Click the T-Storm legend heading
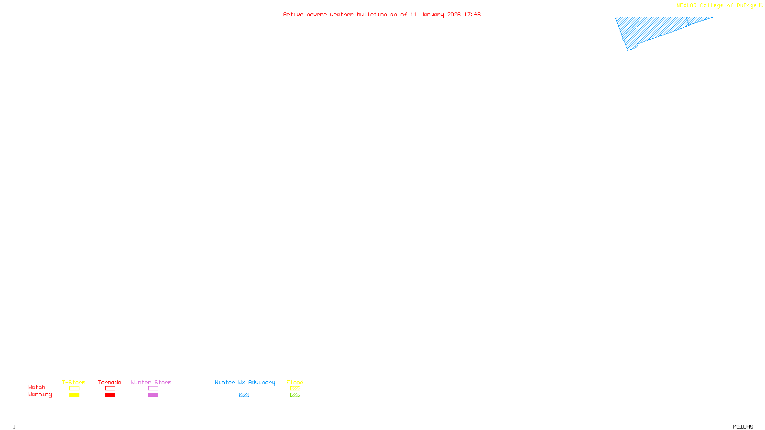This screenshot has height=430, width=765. (x=74, y=382)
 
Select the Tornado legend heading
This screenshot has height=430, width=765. (x=109, y=382)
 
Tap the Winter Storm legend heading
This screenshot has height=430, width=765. (x=151, y=382)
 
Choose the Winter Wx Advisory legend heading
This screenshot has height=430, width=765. (x=245, y=382)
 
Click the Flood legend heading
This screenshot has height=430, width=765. (x=295, y=382)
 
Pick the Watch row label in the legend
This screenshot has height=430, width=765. (x=37, y=387)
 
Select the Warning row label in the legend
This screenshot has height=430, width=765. (x=40, y=395)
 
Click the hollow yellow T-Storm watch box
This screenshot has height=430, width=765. (x=74, y=388)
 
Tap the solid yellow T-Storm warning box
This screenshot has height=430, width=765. (x=74, y=395)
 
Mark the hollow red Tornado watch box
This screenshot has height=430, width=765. (x=110, y=388)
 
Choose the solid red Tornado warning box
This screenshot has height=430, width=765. (x=110, y=395)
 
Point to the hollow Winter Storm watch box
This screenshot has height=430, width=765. (x=153, y=388)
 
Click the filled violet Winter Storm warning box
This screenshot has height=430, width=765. (x=153, y=395)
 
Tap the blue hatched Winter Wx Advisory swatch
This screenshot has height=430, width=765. (x=244, y=395)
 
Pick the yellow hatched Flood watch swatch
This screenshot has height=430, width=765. (x=295, y=388)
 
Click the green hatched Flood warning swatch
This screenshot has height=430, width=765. (x=295, y=395)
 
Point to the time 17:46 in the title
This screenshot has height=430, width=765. (x=472, y=14)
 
